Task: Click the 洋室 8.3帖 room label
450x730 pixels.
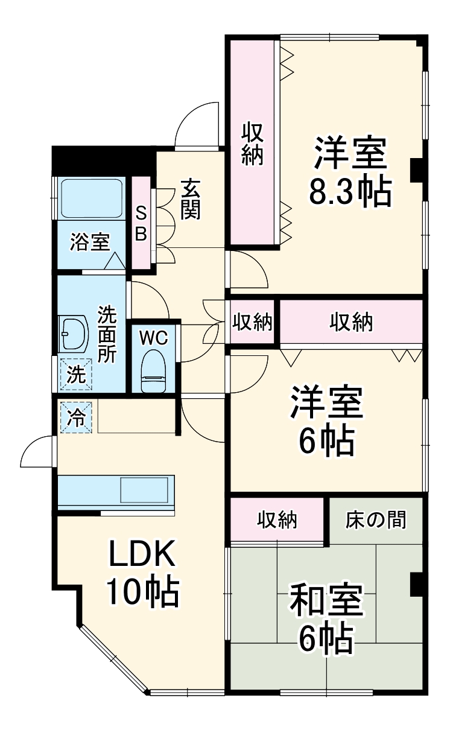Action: (349, 172)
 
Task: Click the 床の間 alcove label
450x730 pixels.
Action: (375, 519)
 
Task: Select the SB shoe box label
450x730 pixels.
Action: (141, 223)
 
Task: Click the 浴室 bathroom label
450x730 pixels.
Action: (89, 243)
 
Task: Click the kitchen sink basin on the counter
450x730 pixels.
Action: (144, 489)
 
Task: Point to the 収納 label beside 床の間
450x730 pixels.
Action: (278, 519)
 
